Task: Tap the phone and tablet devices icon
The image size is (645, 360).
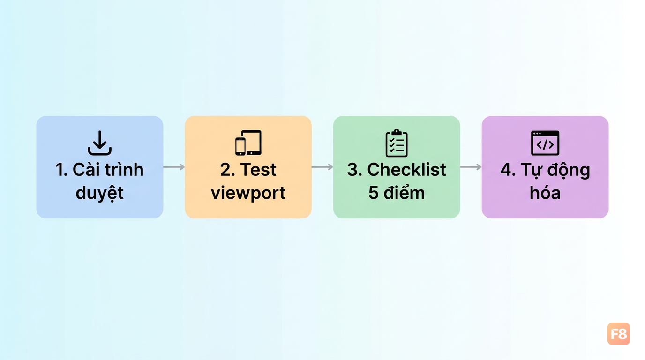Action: click(248, 142)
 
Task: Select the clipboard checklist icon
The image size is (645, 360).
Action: click(397, 143)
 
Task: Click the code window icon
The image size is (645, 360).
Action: click(545, 143)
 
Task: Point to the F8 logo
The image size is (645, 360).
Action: click(618, 334)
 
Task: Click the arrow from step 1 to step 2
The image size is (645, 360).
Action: click(174, 167)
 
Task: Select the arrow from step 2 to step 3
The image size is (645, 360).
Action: click(322, 167)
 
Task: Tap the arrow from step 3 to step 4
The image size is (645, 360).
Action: click(471, 167)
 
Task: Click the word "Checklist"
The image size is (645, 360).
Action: click(406, 169)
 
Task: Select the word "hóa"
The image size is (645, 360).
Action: click(545, 192)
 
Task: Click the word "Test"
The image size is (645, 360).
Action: click(258, 169)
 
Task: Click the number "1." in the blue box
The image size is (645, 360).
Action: click(61, 169)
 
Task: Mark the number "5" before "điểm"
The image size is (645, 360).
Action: click(374, 193)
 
